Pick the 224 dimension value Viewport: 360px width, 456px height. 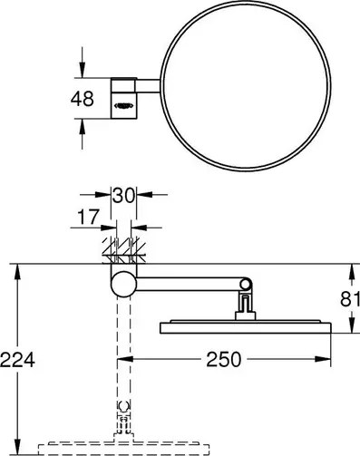17,360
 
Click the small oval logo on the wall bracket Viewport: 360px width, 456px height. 122,107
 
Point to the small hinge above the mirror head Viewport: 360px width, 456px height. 243,301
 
